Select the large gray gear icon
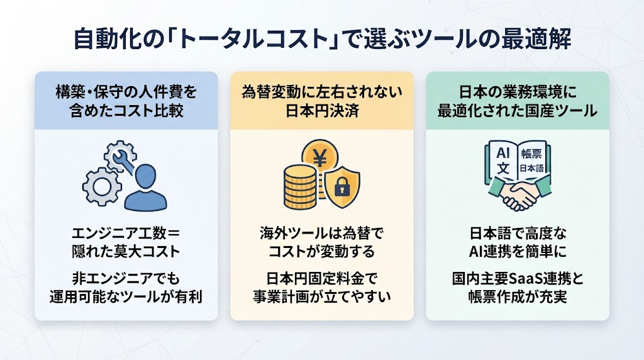[101, 186]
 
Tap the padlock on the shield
[341, 186]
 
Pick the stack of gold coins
[300, 186]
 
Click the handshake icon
[519, 193]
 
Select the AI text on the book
[502, 153]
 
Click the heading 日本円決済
[322, 111]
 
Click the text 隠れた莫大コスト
[126, 252]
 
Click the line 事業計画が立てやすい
[321, 296]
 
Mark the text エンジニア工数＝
[126, 233]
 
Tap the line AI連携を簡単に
[518, 252]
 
